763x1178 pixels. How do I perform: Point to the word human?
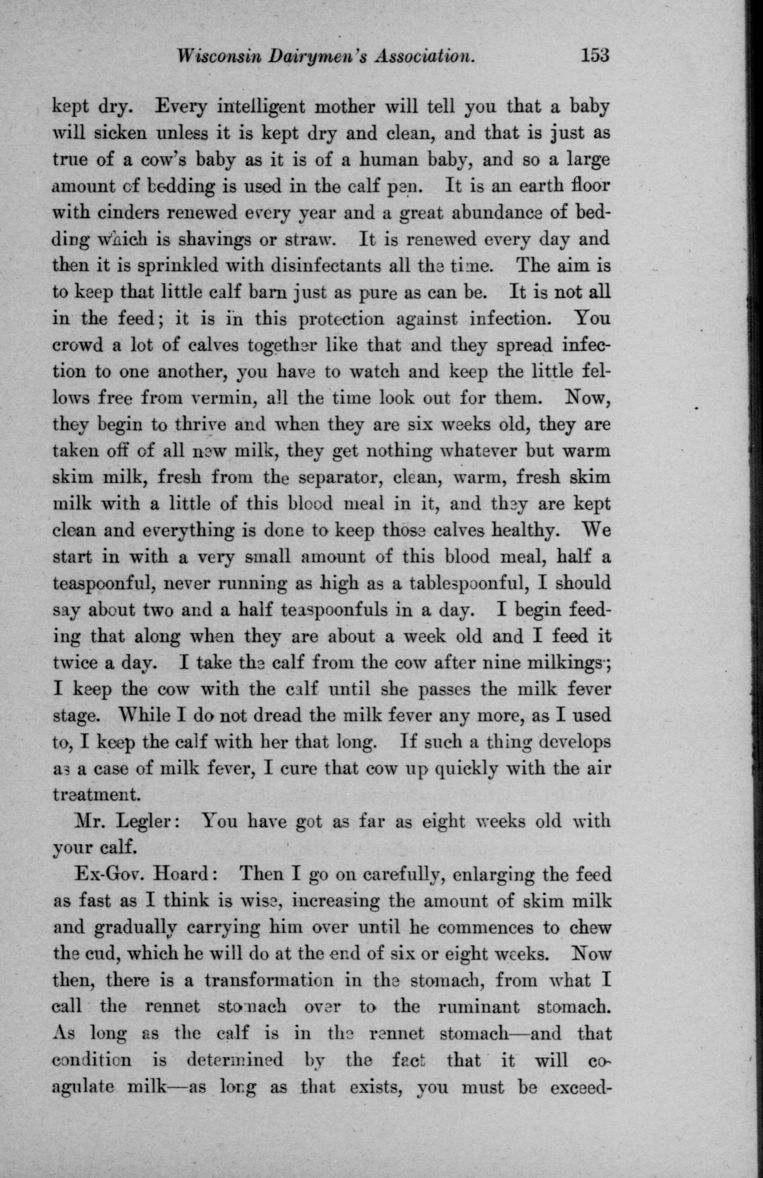coord(380,161)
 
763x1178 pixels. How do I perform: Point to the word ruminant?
coord(478,1007)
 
